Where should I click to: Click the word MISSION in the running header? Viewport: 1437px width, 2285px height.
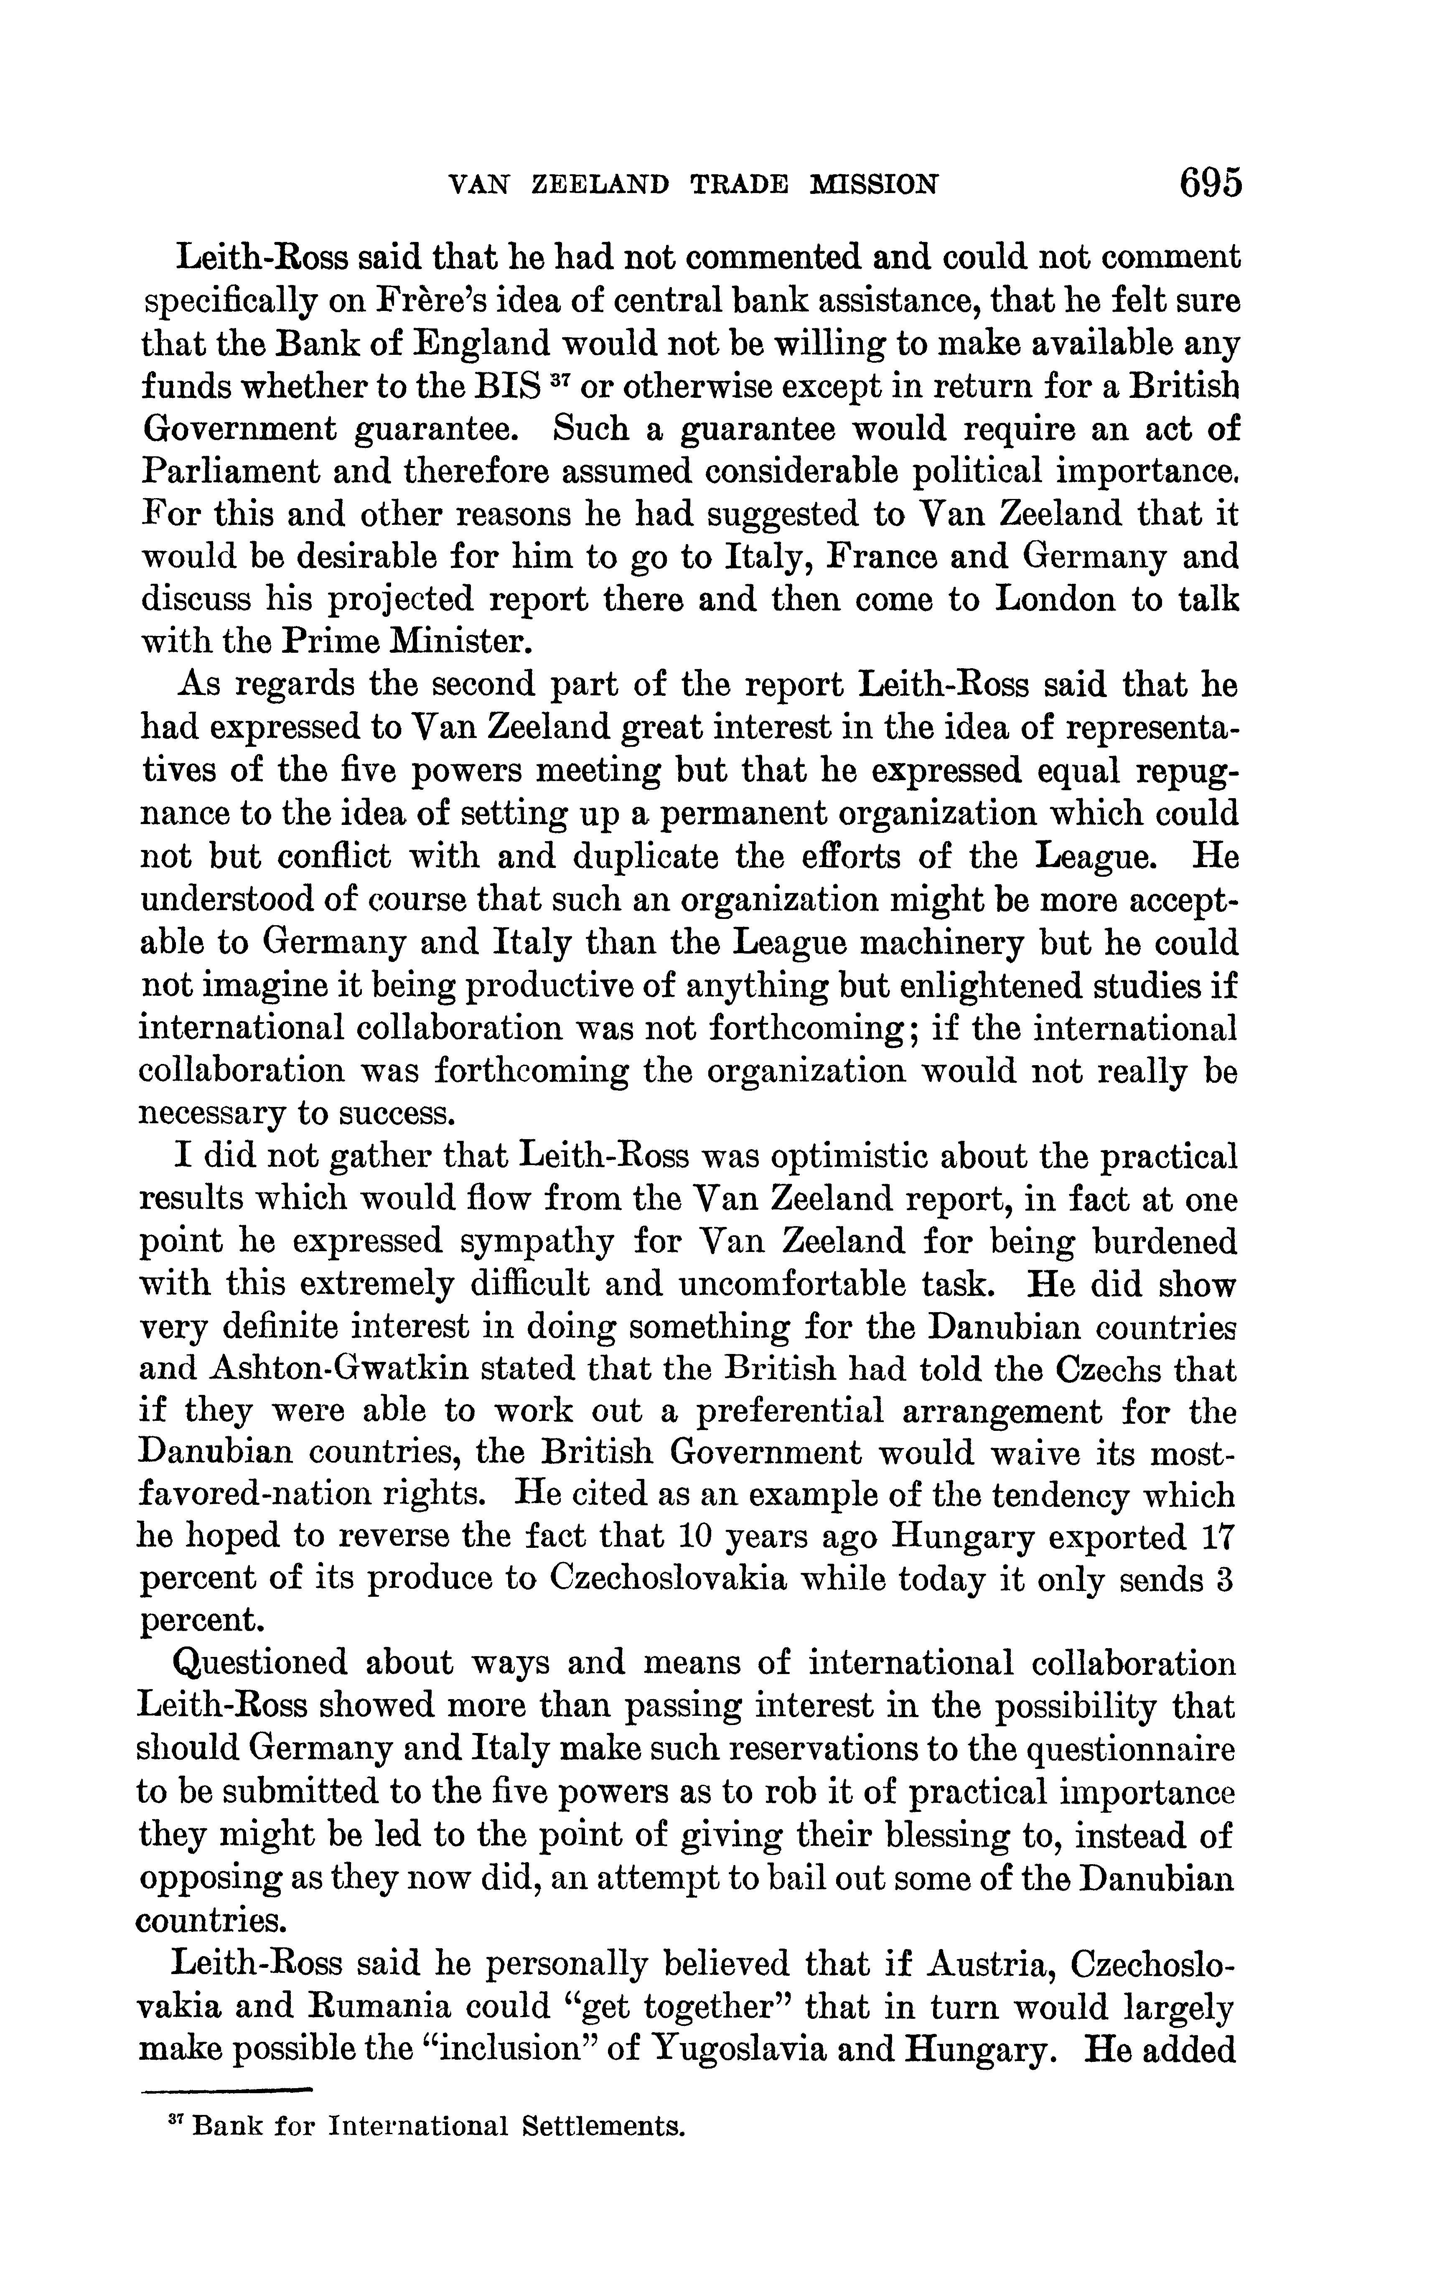click(873, 184)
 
